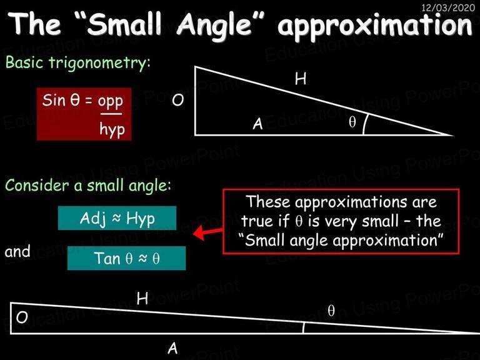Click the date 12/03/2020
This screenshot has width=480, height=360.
[448, 7]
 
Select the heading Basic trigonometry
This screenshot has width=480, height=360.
[78, 62]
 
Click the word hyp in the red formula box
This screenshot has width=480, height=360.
[112, 129]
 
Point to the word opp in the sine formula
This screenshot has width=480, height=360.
[111, 101]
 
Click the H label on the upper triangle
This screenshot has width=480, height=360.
[301, 79]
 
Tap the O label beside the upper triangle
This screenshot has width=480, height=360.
[178, 100]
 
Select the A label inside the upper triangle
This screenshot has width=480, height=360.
[257, 124]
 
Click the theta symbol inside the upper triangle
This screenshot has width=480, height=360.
[352, 122]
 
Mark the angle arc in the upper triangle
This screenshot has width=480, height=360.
[364, 124]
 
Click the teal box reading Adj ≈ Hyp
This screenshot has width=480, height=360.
[117, 218]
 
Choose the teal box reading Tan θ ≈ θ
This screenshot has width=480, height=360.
[126, 258]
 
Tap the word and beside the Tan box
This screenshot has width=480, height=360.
[17, 251]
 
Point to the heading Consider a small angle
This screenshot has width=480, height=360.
[88, 186]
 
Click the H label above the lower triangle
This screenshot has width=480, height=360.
[142, 298]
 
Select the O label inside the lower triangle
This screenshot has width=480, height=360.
[22, 317]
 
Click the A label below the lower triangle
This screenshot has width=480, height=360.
[172, 348]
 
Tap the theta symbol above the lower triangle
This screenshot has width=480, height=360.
[331, 311]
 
